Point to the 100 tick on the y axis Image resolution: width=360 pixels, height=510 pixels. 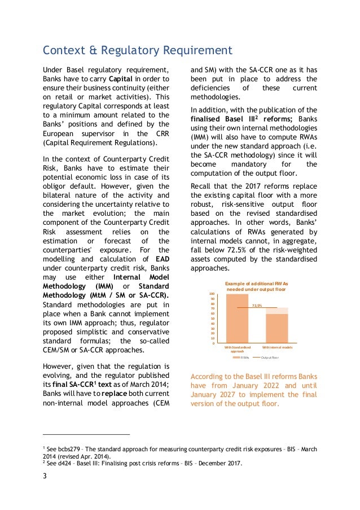(x=211, y=294)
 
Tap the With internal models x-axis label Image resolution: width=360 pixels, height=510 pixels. (x=277, y=347)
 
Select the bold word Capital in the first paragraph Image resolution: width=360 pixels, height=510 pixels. (x=121, y=79)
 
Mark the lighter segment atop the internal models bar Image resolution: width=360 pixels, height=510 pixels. (x=276, y=311)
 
